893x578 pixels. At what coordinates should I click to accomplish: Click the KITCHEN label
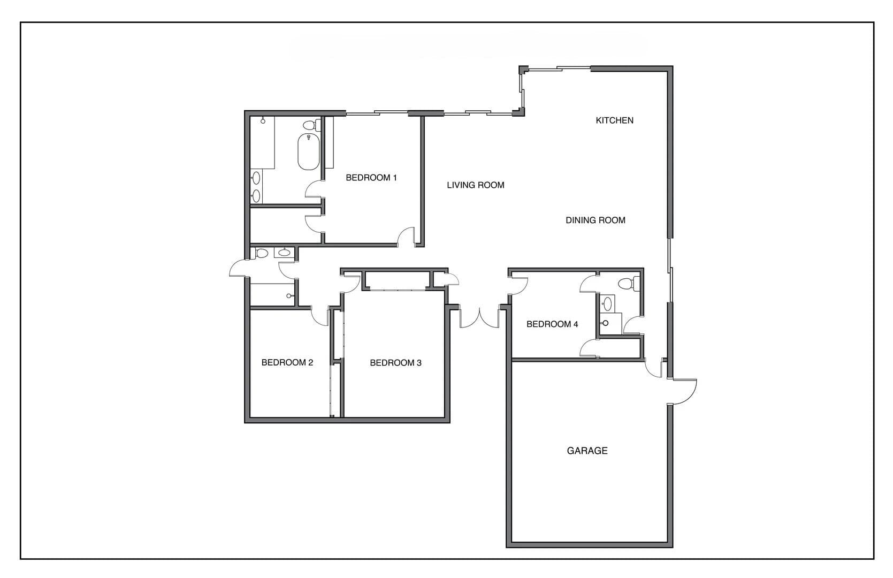click(x=614, y=120)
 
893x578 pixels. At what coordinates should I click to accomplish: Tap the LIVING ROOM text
click(x=475, y=185)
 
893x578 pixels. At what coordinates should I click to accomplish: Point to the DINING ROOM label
click(x=595, y=220)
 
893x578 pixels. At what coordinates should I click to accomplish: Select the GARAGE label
click(x=587, y=451)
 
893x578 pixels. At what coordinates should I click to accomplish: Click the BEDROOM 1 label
click(x=371, y=178)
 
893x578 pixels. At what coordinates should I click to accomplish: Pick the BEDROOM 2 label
click(x=287, y=362)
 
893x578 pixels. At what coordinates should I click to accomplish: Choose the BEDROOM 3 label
click(x=395, y=363)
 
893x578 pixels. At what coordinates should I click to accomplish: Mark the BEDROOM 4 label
click(x=552, y=324)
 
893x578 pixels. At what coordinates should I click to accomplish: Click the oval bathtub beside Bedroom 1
click(x=308, y=152)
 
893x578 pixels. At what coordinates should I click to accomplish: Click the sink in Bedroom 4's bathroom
click(x=607, y=304)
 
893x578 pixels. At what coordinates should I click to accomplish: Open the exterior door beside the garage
click(x=684, y=392)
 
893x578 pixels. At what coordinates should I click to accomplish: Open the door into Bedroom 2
click(x=320, y=317)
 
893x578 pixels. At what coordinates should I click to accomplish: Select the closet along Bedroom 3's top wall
click(x=396, y=281)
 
